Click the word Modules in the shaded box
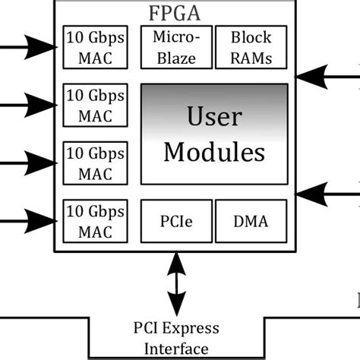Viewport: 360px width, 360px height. click(214, 152)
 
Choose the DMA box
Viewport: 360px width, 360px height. click(251, 220)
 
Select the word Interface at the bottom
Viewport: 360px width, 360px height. click(175, 349)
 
